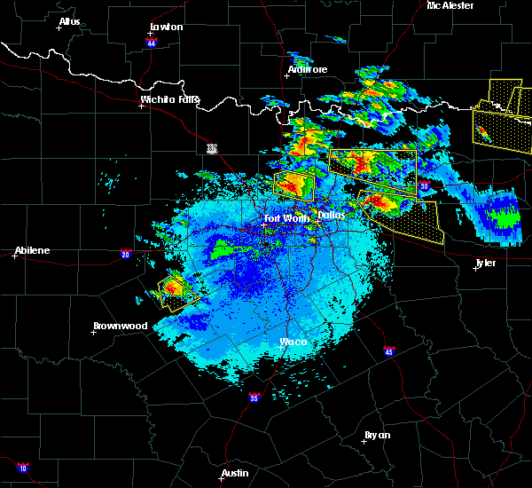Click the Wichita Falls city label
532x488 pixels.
[x=170, y=99]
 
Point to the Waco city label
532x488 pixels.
[x=293, y=342]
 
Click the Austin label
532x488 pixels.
[x=235, y=473]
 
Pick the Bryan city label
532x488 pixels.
[x=377, y=435]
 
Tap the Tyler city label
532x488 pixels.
[x=486, y=263]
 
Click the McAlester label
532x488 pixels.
[x=450, y=5]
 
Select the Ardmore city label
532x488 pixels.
[x=308, y=69]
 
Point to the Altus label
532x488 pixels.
[x=69, y=21]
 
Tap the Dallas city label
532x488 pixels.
[x=332, y=215]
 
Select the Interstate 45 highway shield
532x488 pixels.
[x=389, y=352]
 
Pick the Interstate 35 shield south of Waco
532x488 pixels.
[x=254, y=397]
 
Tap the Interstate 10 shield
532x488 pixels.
[x=22, y=468]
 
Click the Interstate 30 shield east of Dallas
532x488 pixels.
[x=423, y=186]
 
